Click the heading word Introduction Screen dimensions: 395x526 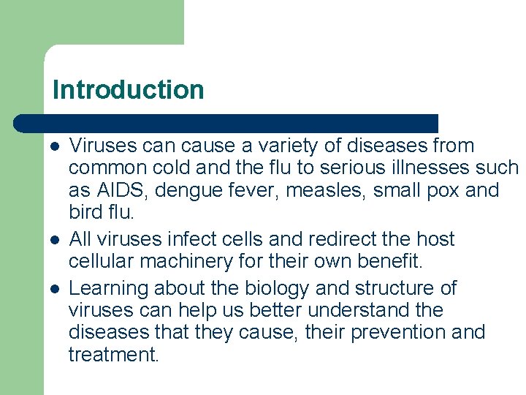click(128, 90)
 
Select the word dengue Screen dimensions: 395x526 click(182, 191)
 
